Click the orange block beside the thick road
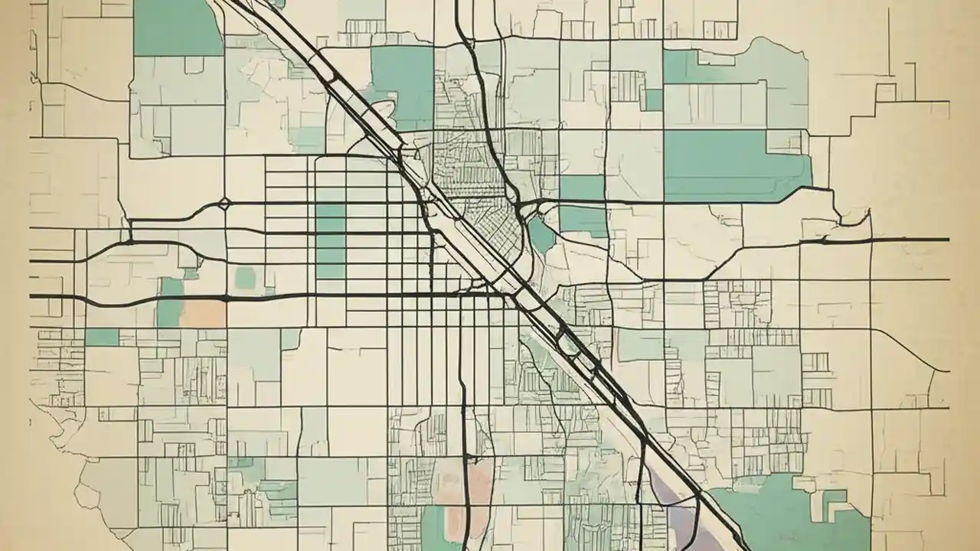[203, 312]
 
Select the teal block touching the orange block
[171, 302]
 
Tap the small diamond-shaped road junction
[224, 204]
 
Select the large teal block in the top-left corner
[178, 28]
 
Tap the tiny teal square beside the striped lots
[654, 99]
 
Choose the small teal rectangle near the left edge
[102, 337]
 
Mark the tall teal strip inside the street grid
[331, 241]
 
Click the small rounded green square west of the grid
[245, 277]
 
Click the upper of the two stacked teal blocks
[583, 187]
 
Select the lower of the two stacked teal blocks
[583, 220]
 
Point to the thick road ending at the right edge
[880, 240]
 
